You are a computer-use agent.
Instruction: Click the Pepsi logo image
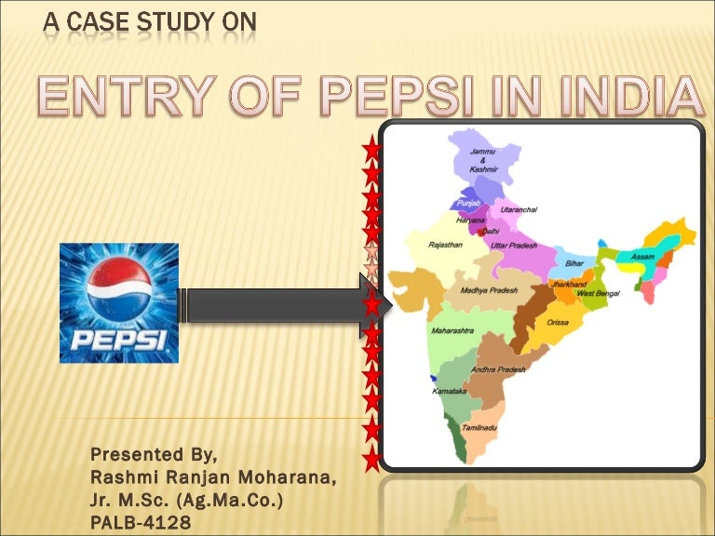point(119,302)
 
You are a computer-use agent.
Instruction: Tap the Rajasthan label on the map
point(446,245)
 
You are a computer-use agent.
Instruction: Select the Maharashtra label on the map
point(452,330)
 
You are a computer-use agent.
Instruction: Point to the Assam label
point(642,257)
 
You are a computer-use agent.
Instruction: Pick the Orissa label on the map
point(558,322)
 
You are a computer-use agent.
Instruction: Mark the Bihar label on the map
point(574,263)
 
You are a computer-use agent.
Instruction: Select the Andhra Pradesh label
point(498,369)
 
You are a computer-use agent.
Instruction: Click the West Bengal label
point(598,293)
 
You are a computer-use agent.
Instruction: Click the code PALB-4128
point(141,524)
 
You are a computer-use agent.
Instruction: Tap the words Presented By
point(154,455)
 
